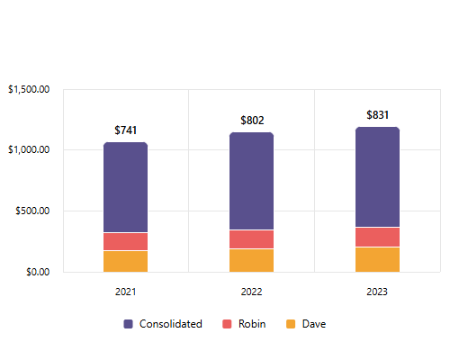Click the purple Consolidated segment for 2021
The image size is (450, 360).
coord(125,187)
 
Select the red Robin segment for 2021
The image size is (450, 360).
coord(125,241)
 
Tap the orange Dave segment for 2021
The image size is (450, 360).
coord(125,261)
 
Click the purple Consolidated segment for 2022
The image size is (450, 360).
coord(251,181)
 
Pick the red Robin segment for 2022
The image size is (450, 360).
coord(251,238)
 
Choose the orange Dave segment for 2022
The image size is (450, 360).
coord(251,260)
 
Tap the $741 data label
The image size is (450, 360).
coord(126,131)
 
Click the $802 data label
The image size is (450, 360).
coord(252,121)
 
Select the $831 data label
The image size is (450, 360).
coord(378,116)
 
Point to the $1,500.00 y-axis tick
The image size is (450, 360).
coord(28,89)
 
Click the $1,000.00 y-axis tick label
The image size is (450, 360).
coord(28,150)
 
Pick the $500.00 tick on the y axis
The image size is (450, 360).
coord(32,211)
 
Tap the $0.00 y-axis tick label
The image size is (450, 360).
coord(36,272)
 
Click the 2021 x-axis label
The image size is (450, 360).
coord(126,292)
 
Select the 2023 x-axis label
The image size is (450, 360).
coord(378,292)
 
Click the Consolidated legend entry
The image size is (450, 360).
coord(163,324)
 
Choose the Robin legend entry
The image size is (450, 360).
coord(246,324)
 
